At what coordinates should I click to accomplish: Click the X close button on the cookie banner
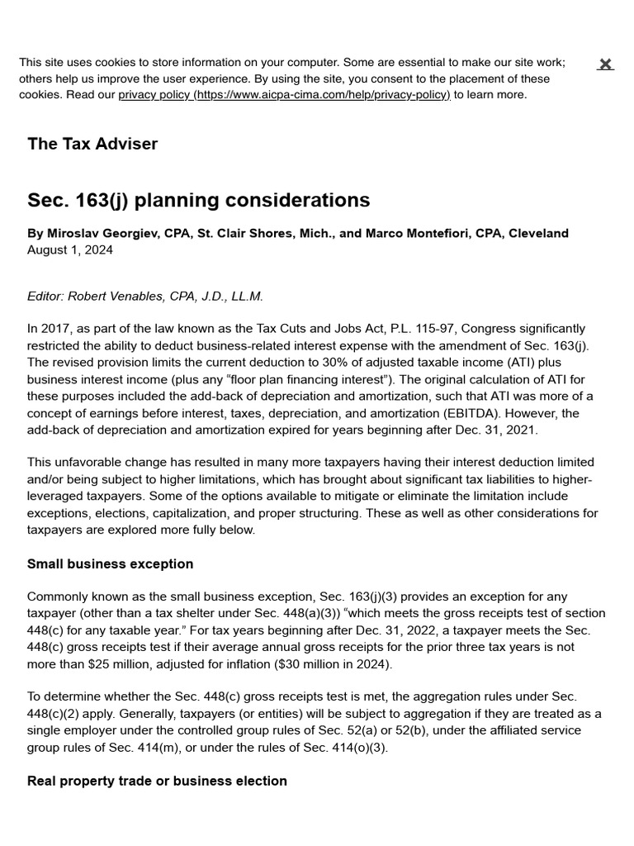pos(605,64)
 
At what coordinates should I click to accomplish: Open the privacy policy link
pos(284,95)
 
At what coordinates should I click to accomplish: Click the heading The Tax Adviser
pos(92,144)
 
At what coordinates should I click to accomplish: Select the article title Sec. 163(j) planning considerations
pos(198,201)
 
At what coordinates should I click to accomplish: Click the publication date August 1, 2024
pos(70,250)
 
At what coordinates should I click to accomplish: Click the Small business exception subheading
pos(110,564)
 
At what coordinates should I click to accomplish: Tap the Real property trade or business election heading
pos(157,781)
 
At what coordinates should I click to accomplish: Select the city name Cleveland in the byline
pos(538,234)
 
